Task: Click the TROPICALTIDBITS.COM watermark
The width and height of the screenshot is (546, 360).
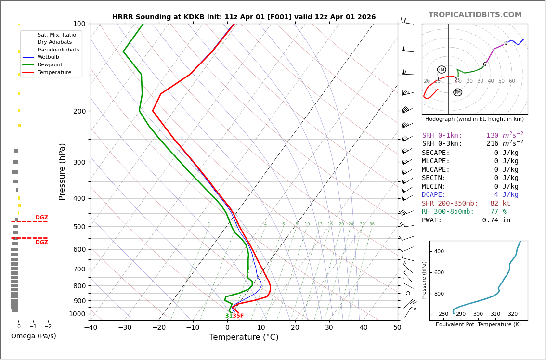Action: [x=475, y=15]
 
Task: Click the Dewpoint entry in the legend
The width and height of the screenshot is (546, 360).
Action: [x=50, y=64]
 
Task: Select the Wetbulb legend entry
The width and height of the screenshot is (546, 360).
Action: [x=49, y=57]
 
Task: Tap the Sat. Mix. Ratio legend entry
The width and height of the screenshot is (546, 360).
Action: [x=56, y=35]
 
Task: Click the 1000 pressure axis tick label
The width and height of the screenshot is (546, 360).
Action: [x=77, y=314]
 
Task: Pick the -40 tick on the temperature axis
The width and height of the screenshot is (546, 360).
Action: [x=91, y=328]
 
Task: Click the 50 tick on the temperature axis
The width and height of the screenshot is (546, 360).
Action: [x=397, y=328]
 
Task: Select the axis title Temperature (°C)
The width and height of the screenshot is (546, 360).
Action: [x=244, y=337]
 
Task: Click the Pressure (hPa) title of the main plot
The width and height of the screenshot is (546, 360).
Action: [x=62, y=171]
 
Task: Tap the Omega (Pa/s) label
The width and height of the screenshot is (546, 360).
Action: [x=33, y=336]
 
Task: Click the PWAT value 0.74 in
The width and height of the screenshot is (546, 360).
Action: [x=496, y=220]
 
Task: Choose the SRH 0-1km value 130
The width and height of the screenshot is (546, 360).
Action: [x=492, y=136]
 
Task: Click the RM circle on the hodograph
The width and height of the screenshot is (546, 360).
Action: [x=457, y=92]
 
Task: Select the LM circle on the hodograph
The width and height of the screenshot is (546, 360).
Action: [x=442, y=70]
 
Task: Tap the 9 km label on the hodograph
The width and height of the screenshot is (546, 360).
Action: [x=506, y=43]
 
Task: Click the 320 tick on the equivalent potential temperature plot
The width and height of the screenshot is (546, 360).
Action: [x=512, y=314]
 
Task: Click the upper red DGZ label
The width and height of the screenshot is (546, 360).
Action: [x=41, y=218]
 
